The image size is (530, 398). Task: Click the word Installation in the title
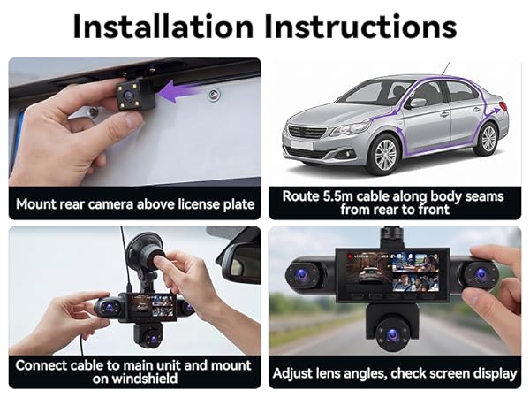[163, 27]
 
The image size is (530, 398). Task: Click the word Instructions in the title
[360, 27]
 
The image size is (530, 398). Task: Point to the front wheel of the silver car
[386, 154]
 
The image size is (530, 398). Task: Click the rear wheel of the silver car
[488, 139]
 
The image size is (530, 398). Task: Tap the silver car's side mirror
[418, 102]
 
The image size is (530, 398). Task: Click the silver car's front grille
[307, 131]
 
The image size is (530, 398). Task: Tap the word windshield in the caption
[135, 379]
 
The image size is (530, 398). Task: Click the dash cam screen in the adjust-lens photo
[393, 272]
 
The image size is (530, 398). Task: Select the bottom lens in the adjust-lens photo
[392, 335]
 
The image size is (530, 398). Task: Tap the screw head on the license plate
[213, 95]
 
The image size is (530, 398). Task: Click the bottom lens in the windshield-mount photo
[151, 338]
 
